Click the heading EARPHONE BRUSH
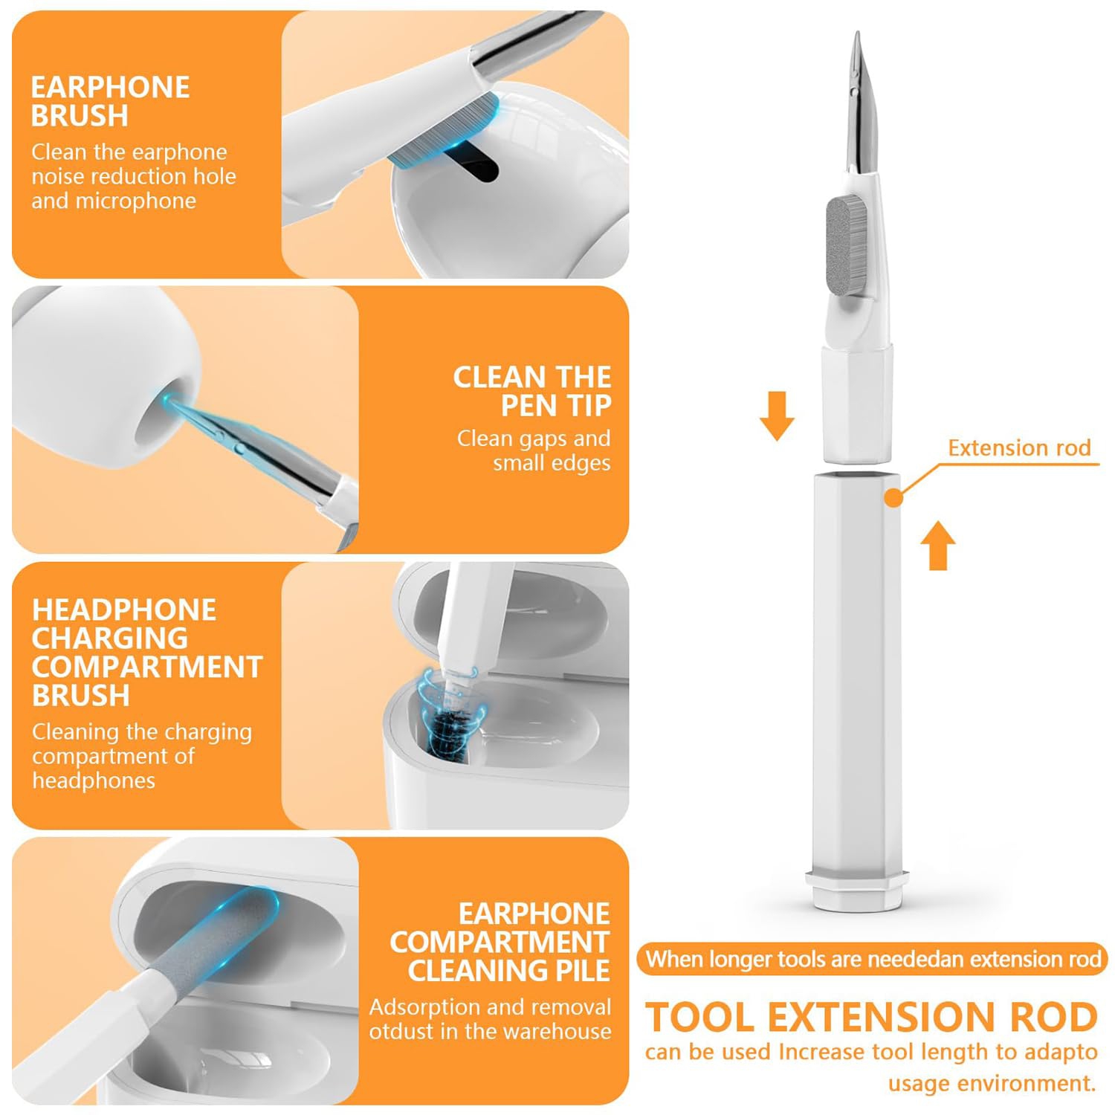coord(110,101)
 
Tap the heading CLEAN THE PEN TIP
coord(532,391)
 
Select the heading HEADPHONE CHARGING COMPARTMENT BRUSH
coord(146,653)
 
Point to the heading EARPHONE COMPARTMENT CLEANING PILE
coord(500,942)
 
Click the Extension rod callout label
coord(1019,447)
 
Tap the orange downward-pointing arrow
coord(777,416)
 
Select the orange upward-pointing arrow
coord(938,545)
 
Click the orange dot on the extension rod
coord(894,498)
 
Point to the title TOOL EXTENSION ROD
coord(871,1017)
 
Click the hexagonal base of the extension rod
coord(857,889)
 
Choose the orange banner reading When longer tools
coord(873,959)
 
